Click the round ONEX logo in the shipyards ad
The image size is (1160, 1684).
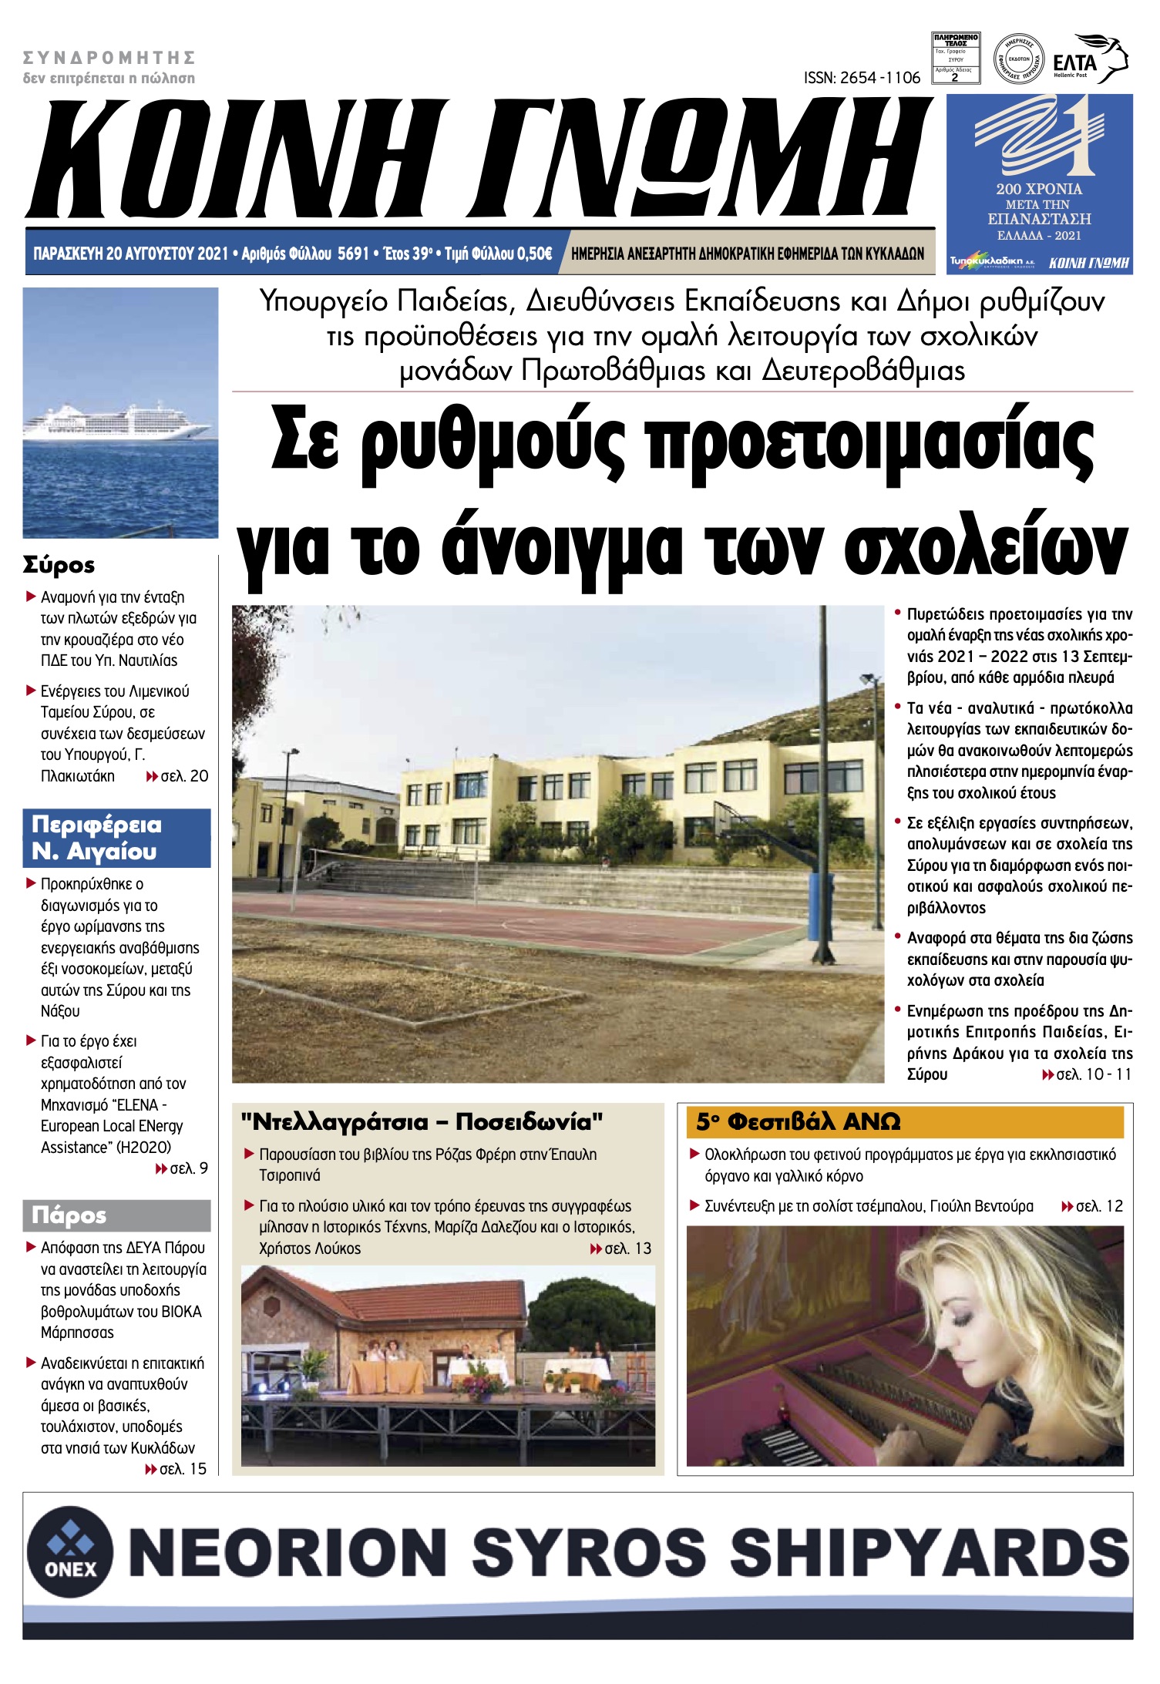click(70, 1549)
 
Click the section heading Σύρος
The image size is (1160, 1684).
click(59, 565)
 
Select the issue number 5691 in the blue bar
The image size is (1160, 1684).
click(354, 254)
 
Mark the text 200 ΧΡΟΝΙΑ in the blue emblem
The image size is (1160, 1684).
click(1038, 189)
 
